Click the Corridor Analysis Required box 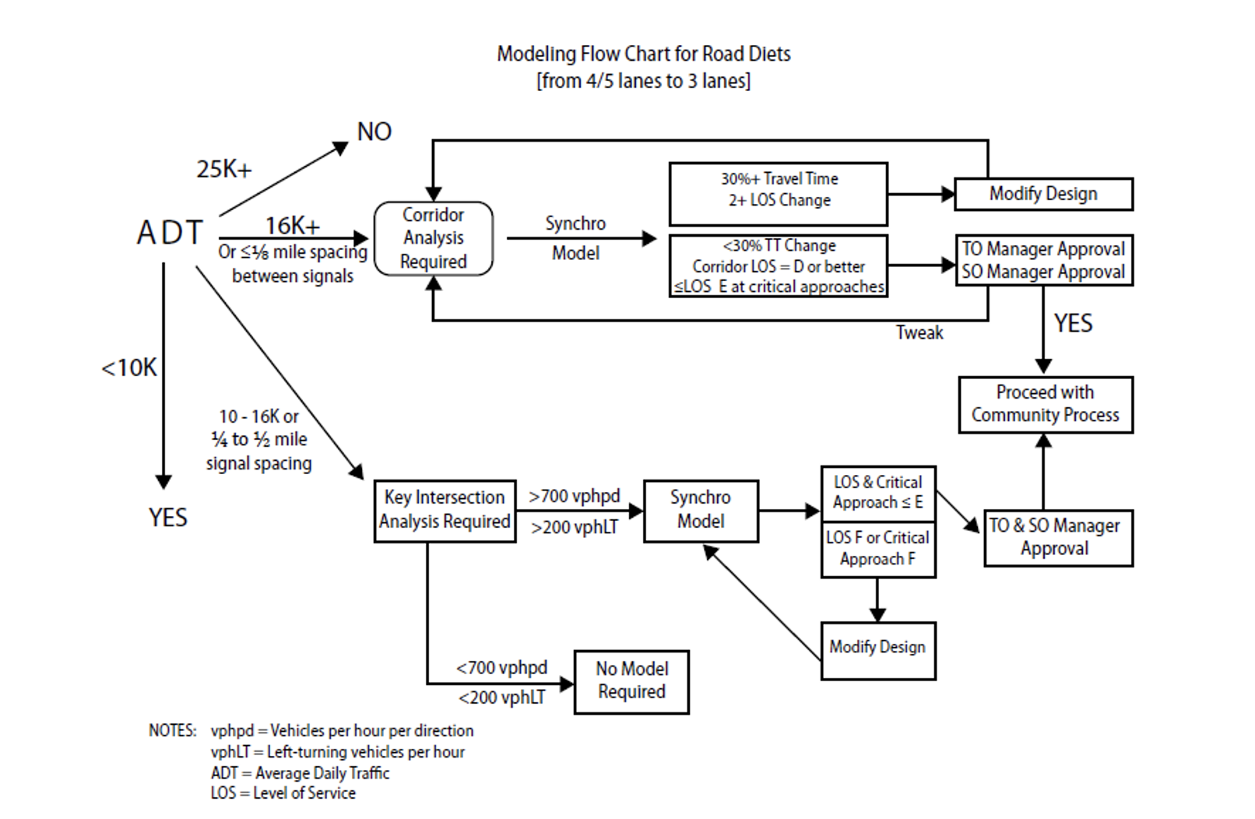click(x=434, y=238)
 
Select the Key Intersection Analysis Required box click(x=445, y=511)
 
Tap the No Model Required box click(x=631, y=681)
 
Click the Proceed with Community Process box click(x=1046, y=404)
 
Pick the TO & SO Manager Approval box click(x=1058, y=537)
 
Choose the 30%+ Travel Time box click(x=779, y=194)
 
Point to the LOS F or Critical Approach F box click(x=878, y=549)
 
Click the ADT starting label click(x=170, y=233)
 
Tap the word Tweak click(x=919, y=333)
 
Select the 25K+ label click(x=224, y=170)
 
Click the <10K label click(x=129, y=367)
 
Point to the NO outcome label click(x=374, y=132)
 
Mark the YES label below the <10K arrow click(x=168, y=518)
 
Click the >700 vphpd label click(x=575, y=497)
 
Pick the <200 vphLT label click(x=501, y=698)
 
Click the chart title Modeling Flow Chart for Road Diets click(x=644, y=54)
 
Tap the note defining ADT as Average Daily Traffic click(x=300, y=773)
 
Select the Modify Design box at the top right click(x=1043, y=194)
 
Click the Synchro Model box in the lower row click(x=701, y=510)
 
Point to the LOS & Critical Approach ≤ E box click(x=878, y=493)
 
